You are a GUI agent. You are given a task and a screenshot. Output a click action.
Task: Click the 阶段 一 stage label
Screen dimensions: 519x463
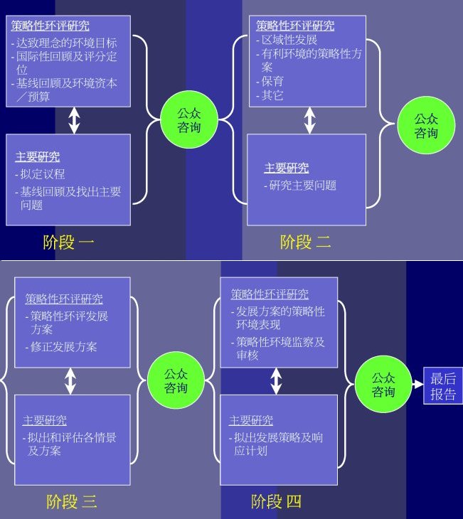click(68, 242)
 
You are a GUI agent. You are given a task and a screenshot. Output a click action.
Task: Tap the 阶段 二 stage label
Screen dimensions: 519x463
click(305, 242)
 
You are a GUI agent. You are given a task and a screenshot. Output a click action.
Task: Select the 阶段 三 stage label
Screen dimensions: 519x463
click(71, 502)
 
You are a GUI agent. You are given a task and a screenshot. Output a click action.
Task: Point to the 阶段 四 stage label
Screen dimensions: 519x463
click(276, 502)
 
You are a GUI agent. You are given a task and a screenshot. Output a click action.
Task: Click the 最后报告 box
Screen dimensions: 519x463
click(443, 386)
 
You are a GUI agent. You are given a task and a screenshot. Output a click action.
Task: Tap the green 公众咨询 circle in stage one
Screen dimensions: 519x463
click(188, 119)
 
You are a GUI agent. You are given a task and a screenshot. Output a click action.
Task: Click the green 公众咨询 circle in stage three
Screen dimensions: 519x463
click(176, 380)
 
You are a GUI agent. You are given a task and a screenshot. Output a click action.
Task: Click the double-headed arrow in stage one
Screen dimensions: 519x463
click(74, 120)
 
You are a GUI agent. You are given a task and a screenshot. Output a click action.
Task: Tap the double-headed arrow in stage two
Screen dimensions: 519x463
click(309, 120)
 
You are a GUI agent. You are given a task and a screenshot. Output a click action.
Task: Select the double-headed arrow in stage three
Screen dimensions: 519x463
click(70, 381)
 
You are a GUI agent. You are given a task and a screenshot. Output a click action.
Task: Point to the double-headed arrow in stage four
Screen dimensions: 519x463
click(277, 381)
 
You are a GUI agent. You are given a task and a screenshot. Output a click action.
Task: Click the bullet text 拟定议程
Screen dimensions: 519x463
click(43, 174)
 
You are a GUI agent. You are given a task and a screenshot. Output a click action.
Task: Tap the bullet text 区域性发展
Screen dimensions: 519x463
click(288, 40)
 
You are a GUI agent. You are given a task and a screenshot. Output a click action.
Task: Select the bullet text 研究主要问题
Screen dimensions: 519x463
click(302, 186)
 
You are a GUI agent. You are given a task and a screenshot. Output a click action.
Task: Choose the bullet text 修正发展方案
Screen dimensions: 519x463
click(65, 347)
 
